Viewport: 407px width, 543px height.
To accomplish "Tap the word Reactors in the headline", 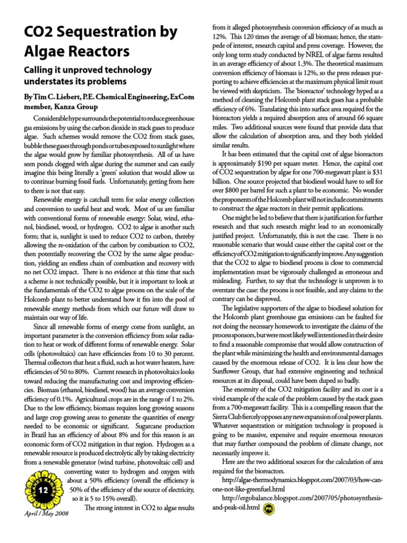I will (x=98, y=52).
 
